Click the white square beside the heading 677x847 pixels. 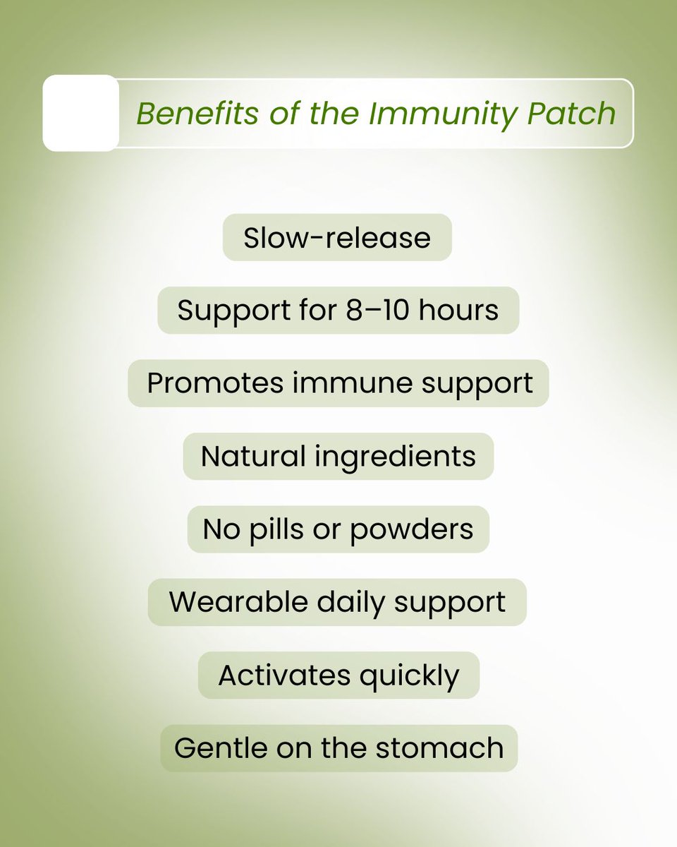81,113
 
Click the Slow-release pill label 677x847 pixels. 337,238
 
